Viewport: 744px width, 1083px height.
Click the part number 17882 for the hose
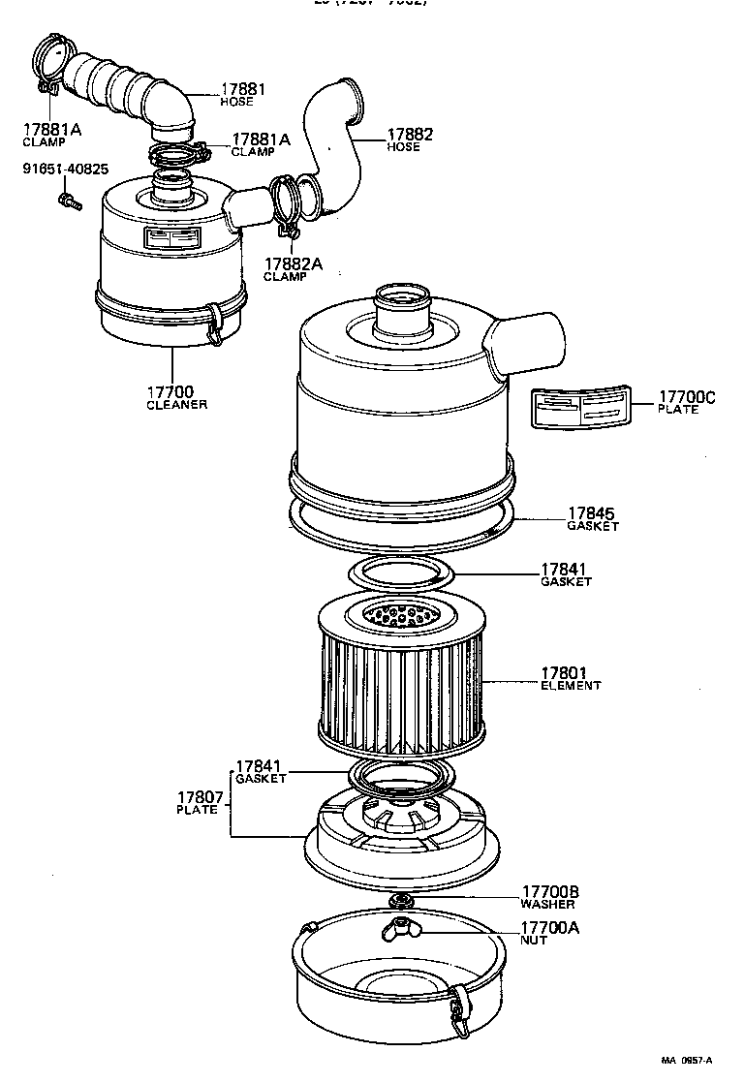click(410, 135)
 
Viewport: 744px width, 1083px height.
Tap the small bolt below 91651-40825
click(68, 201)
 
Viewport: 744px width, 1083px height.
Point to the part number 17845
click(591, 513)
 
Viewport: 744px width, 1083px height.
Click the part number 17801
click(564, 672)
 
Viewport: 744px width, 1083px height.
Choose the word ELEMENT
click(571, 686)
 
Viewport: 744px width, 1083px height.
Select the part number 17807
click(197, 798)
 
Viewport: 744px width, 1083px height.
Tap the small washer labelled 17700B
click(399, 902)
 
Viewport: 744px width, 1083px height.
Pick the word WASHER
click(548, 904)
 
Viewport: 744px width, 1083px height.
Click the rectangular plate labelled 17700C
click(578, 409)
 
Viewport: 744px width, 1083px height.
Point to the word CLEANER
click(176, 405)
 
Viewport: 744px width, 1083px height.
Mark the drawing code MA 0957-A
click(688, 1060)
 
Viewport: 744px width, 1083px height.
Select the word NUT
click(534, 941)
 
